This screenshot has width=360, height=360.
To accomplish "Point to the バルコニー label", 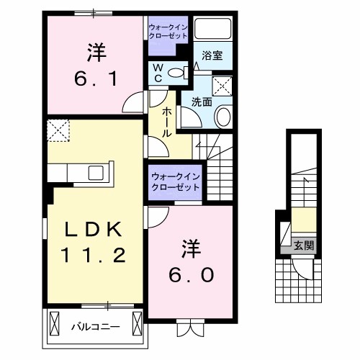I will pyautogui.click(x=95, y=325).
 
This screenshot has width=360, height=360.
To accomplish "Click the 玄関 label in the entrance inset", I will pyautogui.click(x=303, y=246).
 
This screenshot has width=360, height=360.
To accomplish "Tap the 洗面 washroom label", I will pyautogui.click(x=201, y=102).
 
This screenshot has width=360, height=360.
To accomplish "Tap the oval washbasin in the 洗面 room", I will pyautogui.click(x=223, y=117).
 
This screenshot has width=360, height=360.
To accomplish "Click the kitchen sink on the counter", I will pyautogui.click(x=96, y=173).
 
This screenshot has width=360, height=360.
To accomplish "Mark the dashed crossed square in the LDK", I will pyautogui.click(x=57, y=130).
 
